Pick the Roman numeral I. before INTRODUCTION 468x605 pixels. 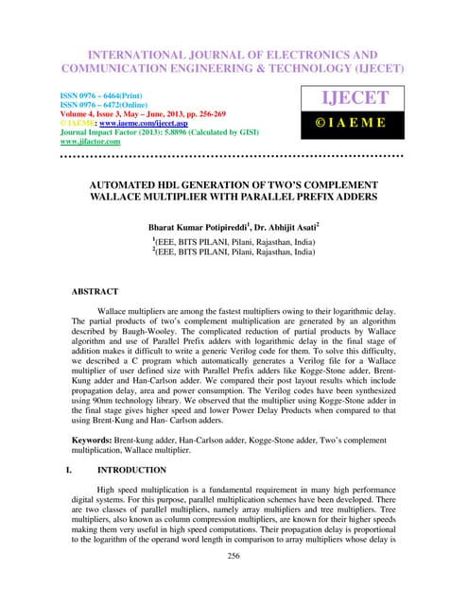69,469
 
